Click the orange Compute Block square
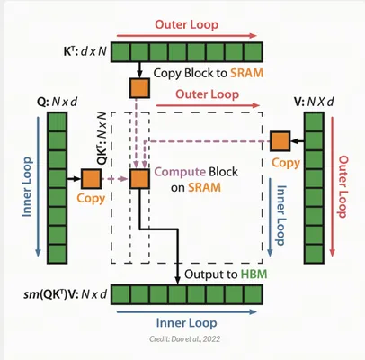coord(139,179)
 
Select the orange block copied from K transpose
coord(139,88)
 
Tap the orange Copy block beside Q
coord(91,179)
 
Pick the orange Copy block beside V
coord(280,141)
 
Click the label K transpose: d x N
coord(85,51)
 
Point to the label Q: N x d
coord(57,102)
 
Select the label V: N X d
coord(314,102)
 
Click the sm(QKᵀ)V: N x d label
coord(66,294)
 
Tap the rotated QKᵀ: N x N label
coord(102,139)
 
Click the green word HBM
coord(254,274)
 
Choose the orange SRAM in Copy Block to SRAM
coord(246,73)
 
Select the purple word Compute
coord(180,172)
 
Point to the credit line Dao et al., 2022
coord(185,339)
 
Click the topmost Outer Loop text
coord(187,24)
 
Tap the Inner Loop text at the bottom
coord(186,323)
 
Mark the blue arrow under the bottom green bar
coord(186,312)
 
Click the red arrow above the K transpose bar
coord(186,36)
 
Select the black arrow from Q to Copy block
coord(74,179)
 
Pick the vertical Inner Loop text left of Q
coord(27,187)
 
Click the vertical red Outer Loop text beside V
coord(343,186)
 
